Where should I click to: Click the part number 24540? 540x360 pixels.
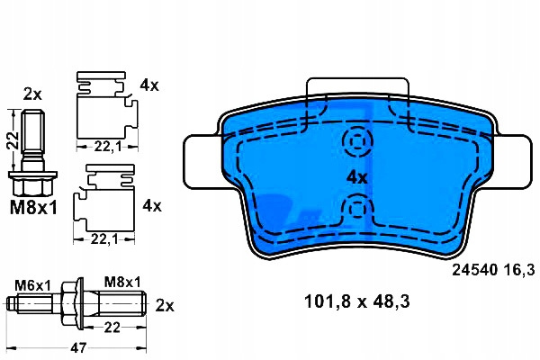(475, 269)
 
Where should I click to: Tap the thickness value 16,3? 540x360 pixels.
(519, 270)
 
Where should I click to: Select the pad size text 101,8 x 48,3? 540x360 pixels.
(357, 301)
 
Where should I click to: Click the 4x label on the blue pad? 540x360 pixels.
(357, 178)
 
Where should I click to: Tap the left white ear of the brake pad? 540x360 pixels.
(202, 162)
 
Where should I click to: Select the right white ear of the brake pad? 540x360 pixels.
(513, 162)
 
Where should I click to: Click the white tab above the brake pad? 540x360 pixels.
(357, 86)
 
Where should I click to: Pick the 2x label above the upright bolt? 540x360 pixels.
(32, 94)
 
